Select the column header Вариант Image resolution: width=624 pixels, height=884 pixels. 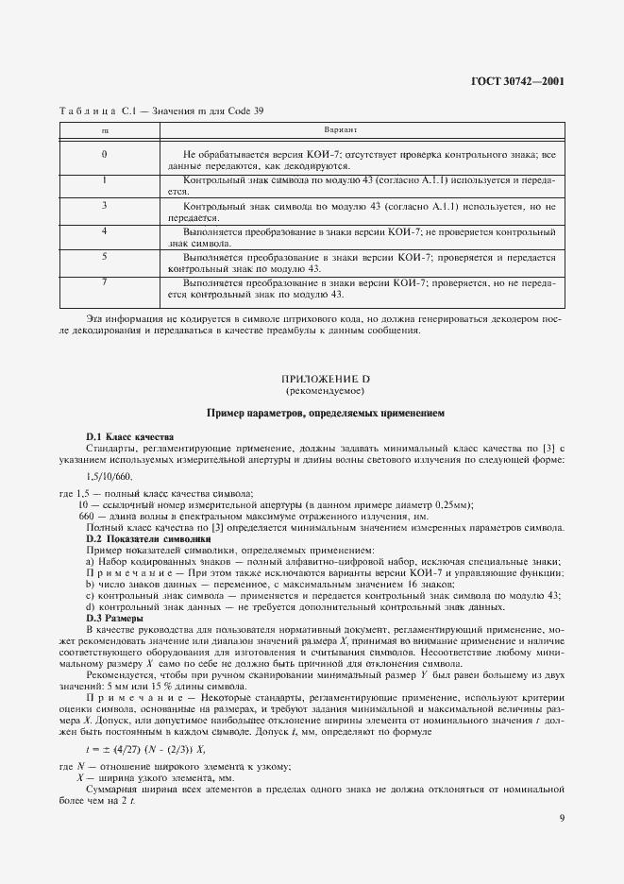(x=340, y=132)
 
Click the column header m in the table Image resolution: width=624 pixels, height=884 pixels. (x=104, y=132)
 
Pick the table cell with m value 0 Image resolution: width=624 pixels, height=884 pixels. (x=104, y=154)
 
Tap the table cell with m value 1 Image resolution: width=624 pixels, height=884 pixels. (x=104, y=178)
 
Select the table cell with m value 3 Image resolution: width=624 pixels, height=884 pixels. (x=104, y=204)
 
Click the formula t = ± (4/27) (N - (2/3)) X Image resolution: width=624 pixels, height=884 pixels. (x=145, y=746)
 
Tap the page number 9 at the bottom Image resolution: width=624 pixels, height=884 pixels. (x=561, y=818)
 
